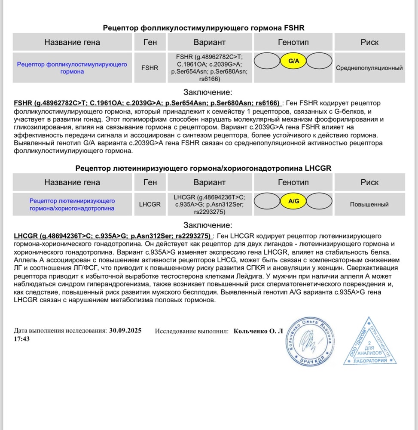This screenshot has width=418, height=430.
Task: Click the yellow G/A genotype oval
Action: tap(294, 61)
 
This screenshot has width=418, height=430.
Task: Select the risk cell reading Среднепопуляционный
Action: tap(369, 68)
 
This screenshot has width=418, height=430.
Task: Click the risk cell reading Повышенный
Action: tap(369, 205)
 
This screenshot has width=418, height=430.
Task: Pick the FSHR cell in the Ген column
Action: tap(150, 68)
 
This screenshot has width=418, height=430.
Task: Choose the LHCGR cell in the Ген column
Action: tap(150, 205)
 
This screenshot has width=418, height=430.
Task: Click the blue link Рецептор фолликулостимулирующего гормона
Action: tap(72, 68)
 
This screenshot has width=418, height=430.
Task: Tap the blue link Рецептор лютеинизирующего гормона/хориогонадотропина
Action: tap(72, 205)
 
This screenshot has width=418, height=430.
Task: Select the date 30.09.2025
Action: tap(125, 331)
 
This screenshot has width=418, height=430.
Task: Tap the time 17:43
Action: tap(22, 339)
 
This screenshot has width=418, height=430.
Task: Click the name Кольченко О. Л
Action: tap(258, 331)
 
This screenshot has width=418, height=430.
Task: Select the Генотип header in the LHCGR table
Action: tap(293, 182)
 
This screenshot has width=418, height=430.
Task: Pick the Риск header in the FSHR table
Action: tap(369, 42)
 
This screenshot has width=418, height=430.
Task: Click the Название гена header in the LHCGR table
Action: tap(72, 182)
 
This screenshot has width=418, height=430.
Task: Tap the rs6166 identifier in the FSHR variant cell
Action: tap(209, 79)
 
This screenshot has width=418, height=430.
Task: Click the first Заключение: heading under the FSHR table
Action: tap(208, 92)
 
